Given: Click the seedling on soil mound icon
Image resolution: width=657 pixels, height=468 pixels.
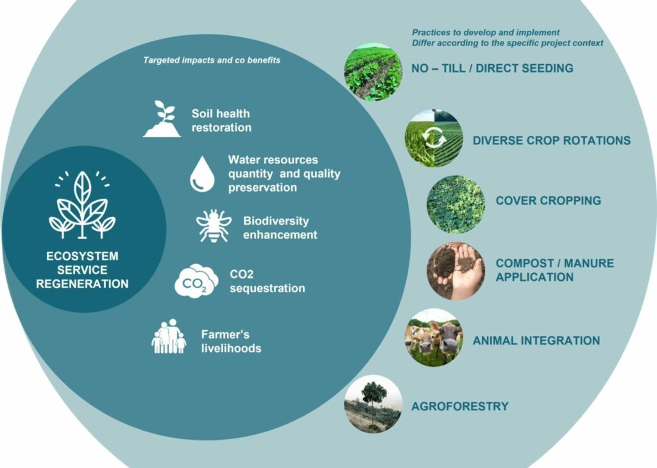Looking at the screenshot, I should (162, 119).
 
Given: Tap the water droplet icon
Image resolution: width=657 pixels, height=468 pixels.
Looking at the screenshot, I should (202, 173).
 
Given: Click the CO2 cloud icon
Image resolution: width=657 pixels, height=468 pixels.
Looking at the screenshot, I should (196, 281).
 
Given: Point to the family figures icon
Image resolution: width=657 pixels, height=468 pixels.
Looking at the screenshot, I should (169, 337).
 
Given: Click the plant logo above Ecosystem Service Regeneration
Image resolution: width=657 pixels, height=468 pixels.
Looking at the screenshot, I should (82, 205).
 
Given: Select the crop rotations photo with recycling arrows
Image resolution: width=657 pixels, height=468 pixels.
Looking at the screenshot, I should (434, 138).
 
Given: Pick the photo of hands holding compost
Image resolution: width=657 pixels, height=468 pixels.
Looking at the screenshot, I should (456, 271).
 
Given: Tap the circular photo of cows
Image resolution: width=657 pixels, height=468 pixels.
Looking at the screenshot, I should (434, 337).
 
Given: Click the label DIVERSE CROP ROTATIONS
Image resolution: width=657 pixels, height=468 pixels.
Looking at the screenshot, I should (551, 140).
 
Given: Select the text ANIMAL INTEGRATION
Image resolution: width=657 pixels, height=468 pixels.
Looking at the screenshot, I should (536, 340).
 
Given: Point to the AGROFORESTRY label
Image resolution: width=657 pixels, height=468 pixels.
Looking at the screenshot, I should (459, 406).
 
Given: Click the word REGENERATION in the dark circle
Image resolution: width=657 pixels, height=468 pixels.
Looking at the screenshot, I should (82, 284).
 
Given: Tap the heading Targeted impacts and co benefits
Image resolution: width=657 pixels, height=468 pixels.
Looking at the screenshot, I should (212, 60).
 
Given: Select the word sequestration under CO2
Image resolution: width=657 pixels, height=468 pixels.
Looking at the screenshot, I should (267, 288).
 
